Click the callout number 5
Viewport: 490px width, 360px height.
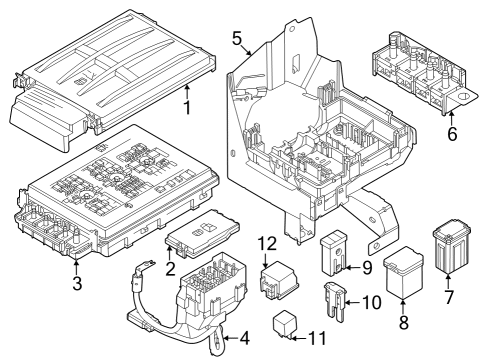237,39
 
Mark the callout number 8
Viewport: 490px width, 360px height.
403,324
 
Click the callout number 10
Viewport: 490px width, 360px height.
371,302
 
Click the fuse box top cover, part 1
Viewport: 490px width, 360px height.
110,70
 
